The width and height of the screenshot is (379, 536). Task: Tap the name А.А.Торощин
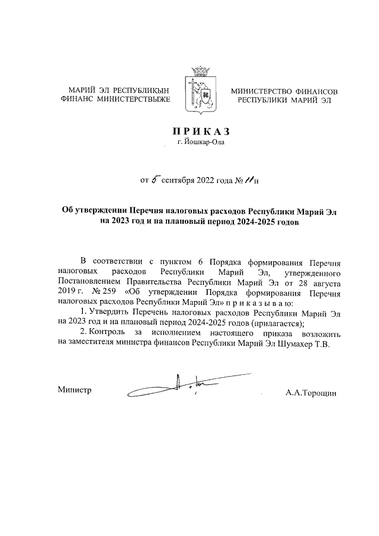click(x=310, y=392)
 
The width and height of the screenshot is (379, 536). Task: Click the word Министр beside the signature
click(x=75, y=390)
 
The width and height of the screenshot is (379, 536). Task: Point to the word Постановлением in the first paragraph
click(x=87, y=283)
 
